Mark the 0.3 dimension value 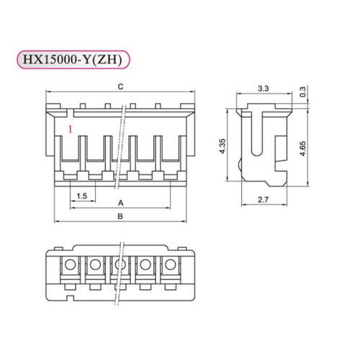[x=312, y=92]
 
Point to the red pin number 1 [x=69, y=129]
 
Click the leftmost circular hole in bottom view [x=70, y=267]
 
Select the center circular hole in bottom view [x=120, y=267]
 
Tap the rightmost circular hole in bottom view [x=171, y=267]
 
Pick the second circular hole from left [x=95, y=267]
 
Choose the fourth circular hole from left [x=145, y=267]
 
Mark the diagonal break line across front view [x=127, y=144]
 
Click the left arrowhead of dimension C [x=48, y=94]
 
